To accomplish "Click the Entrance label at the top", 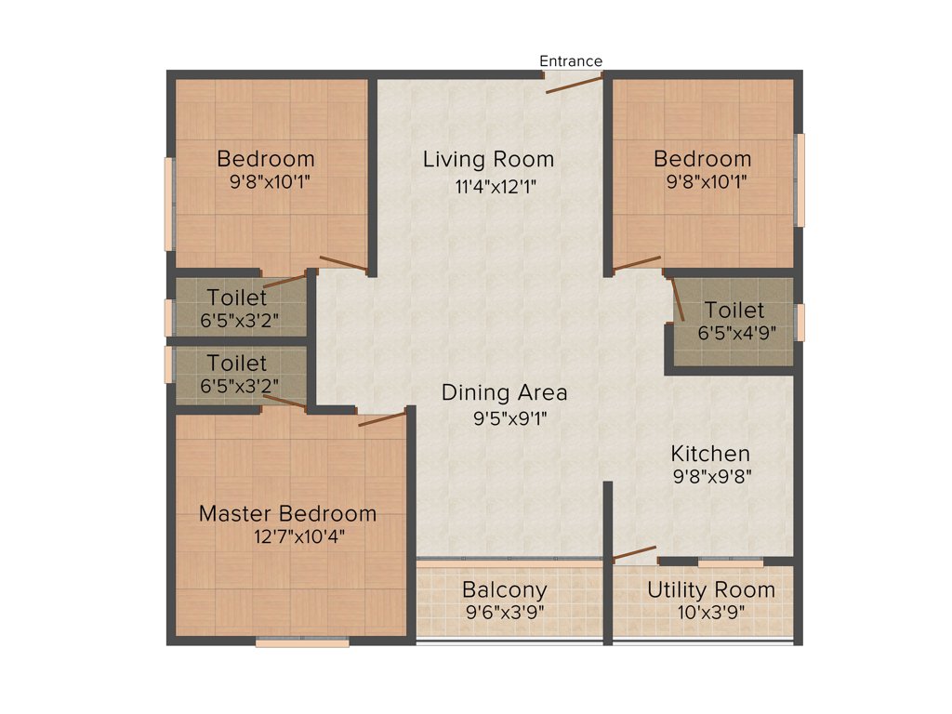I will pyautogui.click(x=571, y=61).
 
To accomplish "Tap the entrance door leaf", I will pyautogui.click(x=573, y=83).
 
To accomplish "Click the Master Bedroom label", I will pyautogui.click(x=288, y=513).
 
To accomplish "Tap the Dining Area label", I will pyautogui.click(x=504, y=392).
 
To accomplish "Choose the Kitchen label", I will pyautogui.click(x=710, y=454).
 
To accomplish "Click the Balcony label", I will pyautogui.click(x=505, y=589).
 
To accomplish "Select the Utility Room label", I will pyautogui.click(x=710, y=589).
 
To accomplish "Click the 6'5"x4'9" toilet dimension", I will pyautogui.click(x=737, y=332).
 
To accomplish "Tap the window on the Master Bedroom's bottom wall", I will pyautogui.click(x=302, y=641).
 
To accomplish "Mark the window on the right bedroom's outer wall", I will pyautogui.click(x=800, y=179).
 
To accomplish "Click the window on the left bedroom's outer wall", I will pyautogui.click(x=168, y=204).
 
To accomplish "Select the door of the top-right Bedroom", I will pyautogui.click(x=637, y=264).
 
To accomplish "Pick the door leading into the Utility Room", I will pyautogui.click(x=634, y=554).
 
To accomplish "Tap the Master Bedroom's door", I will pyautogui.click(x=382, y=418).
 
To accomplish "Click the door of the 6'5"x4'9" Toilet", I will pyautogui.click(x=676, y=298).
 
